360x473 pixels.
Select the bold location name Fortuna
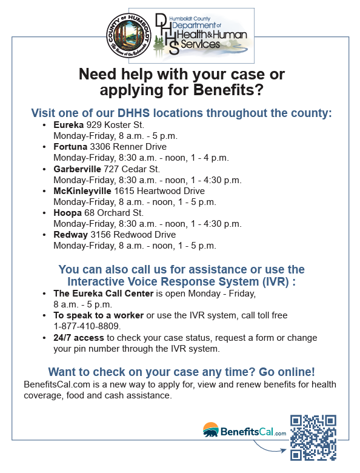[70, 147]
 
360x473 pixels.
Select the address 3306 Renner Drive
[128, 147]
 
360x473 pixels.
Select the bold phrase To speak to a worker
[98, 315]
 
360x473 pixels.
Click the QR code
[313, 437]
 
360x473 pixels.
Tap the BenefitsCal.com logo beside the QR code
[244, 431]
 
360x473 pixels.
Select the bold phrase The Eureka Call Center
[104, 294]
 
